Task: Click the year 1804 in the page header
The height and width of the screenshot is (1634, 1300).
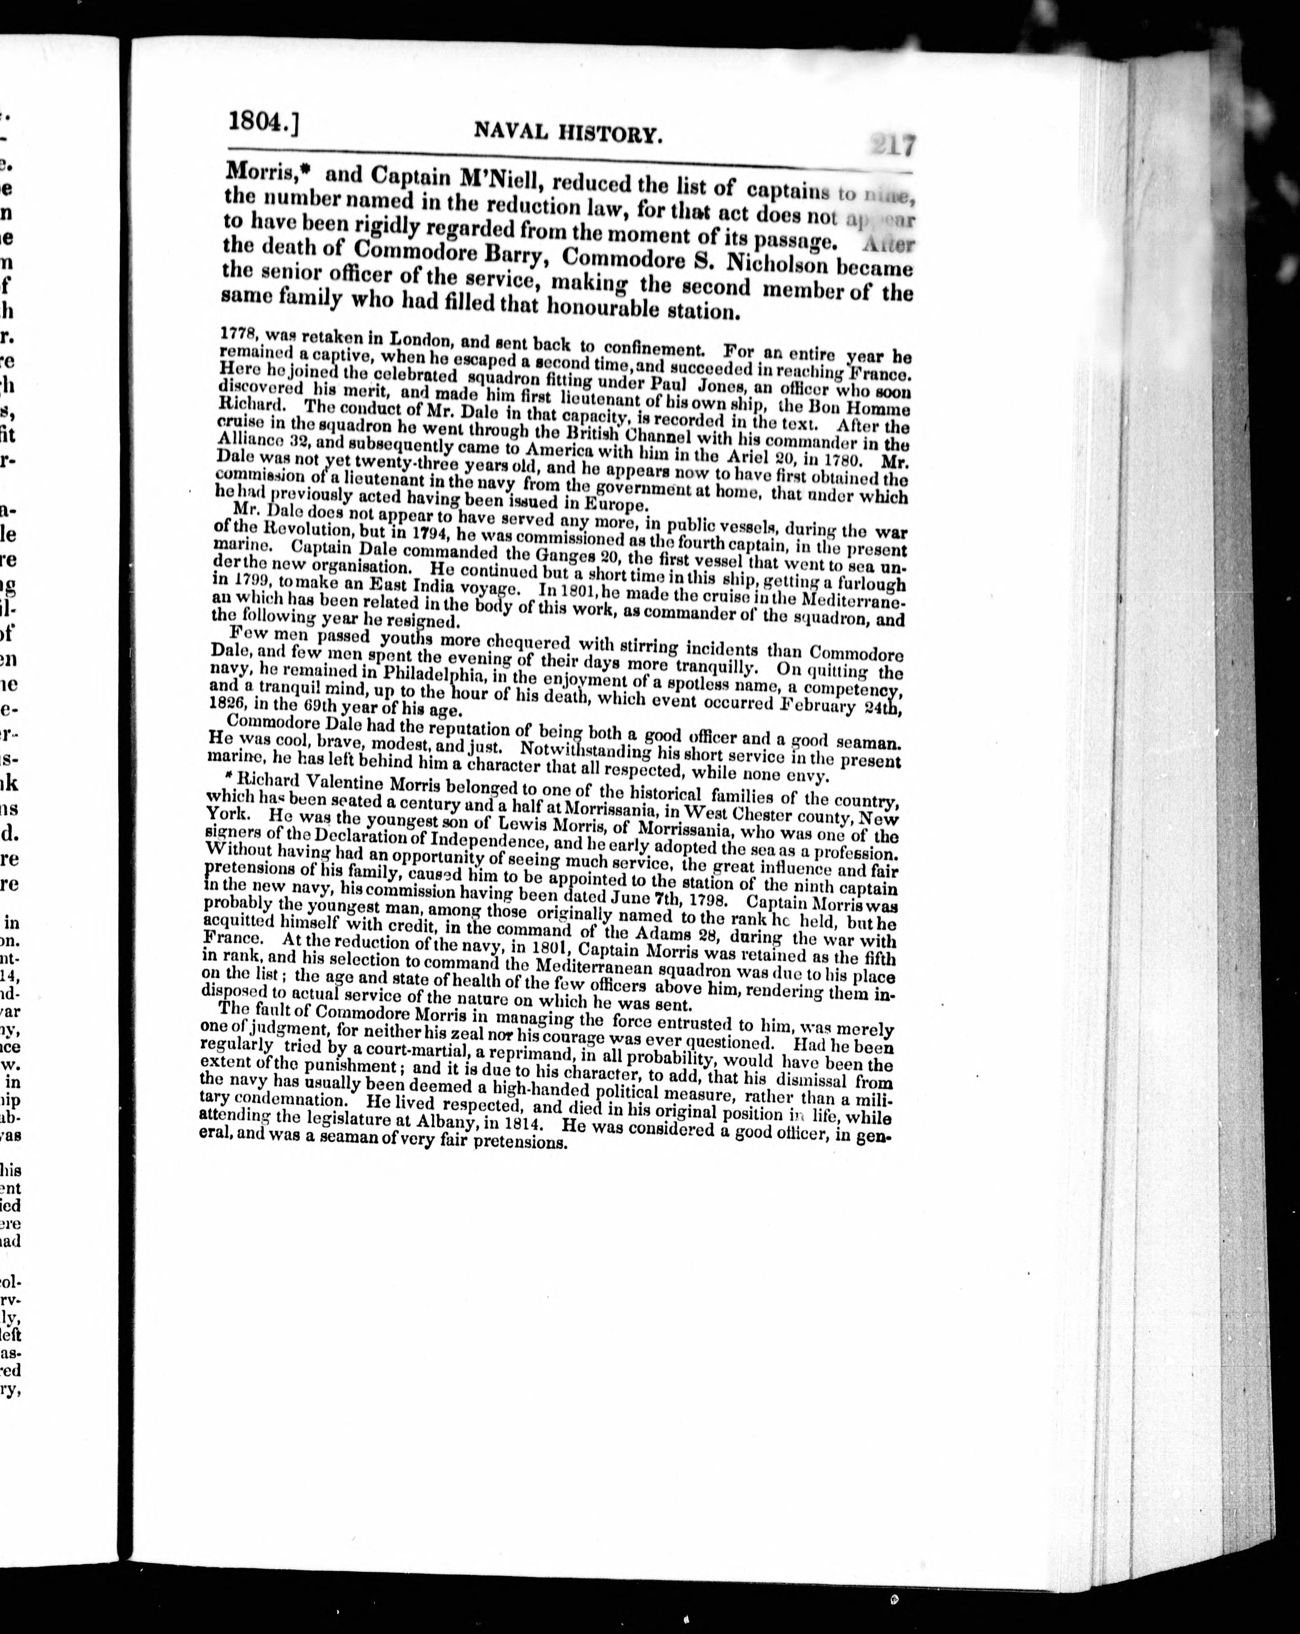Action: coord(258,122)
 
